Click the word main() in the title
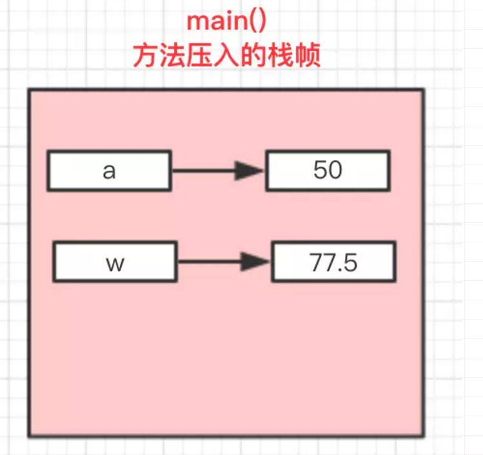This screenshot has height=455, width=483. [x=226, y=21]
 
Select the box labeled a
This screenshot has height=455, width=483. [x=109, y=171]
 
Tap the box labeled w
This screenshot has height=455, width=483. [x=114, y=262]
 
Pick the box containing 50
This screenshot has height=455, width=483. [x=328, y=171]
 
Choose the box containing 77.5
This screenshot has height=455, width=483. [x=333, y=262]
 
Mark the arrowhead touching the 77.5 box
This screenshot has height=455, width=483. [x=256, y=262]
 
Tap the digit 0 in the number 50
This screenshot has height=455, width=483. [x=335, y=170]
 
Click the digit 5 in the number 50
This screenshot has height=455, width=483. [x=320, y=170]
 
